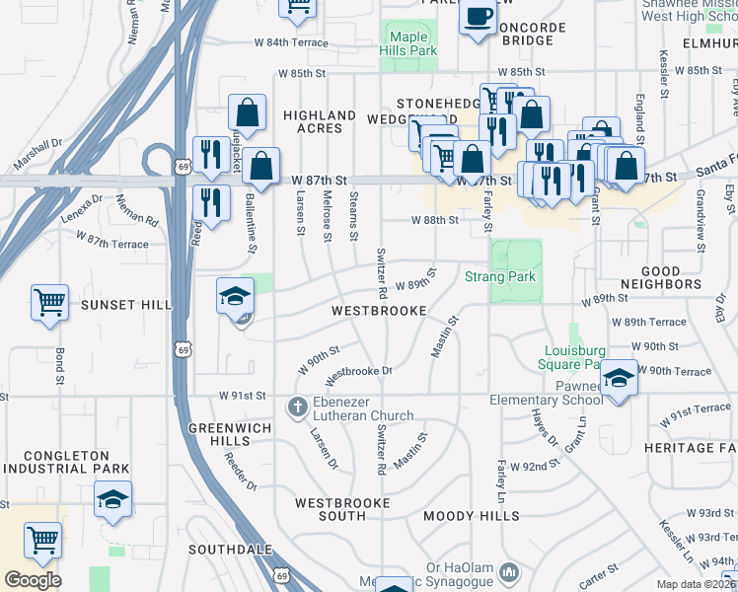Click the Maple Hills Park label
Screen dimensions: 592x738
[x=407, y=43]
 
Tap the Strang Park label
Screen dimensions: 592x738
[x=500, y=277]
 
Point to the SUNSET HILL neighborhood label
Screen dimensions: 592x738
[x=125, y=305]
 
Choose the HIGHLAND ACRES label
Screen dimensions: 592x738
[x=320, y=122]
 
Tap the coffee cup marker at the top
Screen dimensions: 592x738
[x=478, y=18]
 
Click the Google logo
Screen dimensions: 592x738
[x=33, y=580]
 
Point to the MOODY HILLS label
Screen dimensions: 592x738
[x=472, y=516]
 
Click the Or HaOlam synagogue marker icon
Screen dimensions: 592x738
[x=509, y=571]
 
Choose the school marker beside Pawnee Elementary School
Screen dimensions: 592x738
[x=619, y=379]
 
